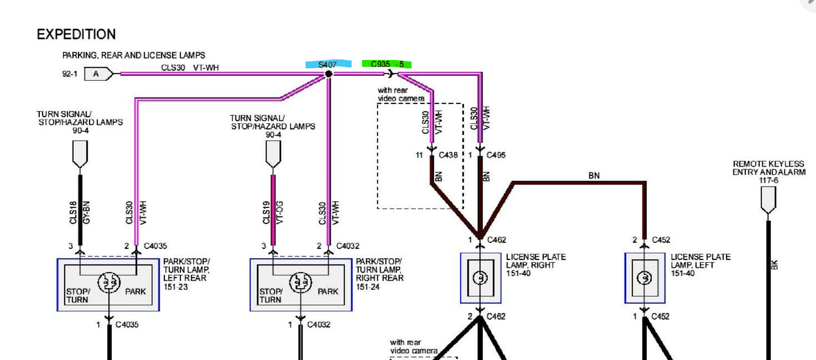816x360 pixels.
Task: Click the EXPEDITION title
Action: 76,34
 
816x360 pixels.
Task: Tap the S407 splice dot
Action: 328,74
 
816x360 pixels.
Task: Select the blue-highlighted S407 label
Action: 327,65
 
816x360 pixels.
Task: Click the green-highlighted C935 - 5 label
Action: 387,64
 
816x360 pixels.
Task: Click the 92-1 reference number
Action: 70,74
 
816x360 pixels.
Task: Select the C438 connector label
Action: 448,155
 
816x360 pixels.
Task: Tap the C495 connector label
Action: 496,155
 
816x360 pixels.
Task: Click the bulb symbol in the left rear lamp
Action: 109,282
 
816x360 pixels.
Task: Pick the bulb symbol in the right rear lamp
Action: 301,282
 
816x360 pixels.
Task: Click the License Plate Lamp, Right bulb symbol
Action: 480,278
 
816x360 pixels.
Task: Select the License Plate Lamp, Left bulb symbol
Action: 644,278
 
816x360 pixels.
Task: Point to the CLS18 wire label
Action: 73,212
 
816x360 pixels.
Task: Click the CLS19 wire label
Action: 266,212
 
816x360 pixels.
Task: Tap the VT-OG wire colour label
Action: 279,212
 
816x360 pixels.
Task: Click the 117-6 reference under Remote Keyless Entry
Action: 768,180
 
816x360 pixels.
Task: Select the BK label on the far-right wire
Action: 774,265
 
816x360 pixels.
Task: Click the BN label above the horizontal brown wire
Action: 594,176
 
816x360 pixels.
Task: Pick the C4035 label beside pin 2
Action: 155,246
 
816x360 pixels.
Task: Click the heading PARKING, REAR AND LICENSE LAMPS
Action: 134,55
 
